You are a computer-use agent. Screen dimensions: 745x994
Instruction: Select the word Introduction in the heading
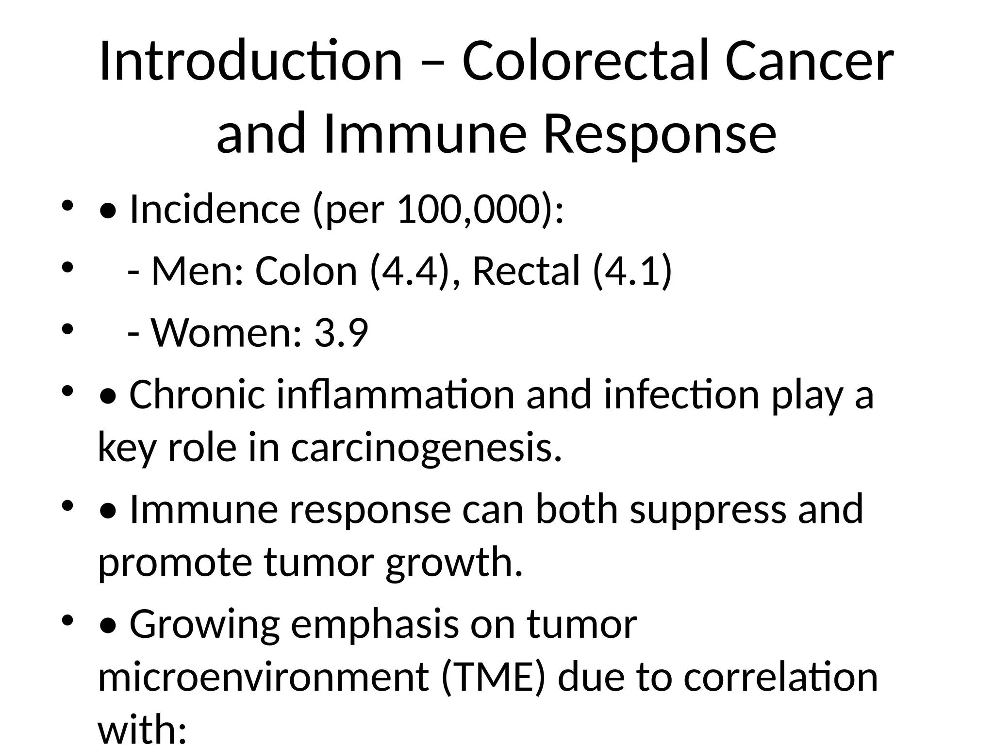250,62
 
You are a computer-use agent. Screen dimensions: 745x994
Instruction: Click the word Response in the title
660,133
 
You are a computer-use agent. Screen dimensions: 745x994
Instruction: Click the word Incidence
215,210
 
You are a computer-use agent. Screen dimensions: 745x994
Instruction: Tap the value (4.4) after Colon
408,271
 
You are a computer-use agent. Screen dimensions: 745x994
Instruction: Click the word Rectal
526,271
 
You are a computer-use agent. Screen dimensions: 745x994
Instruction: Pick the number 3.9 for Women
341,333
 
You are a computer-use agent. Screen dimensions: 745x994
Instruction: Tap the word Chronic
197,395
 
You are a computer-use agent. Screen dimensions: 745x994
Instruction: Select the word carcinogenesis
426,447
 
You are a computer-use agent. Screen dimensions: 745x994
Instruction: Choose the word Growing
204,625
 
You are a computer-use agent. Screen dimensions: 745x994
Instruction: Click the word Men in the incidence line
197,271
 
